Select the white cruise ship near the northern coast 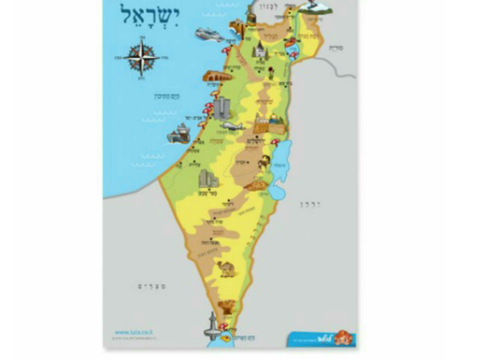208,34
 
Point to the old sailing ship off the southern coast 179,136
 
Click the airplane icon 232,125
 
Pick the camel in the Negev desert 226,268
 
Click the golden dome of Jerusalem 262,122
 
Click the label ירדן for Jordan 310,204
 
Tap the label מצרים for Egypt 151,286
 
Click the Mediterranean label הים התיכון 164,96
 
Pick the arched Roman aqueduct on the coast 216,76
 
